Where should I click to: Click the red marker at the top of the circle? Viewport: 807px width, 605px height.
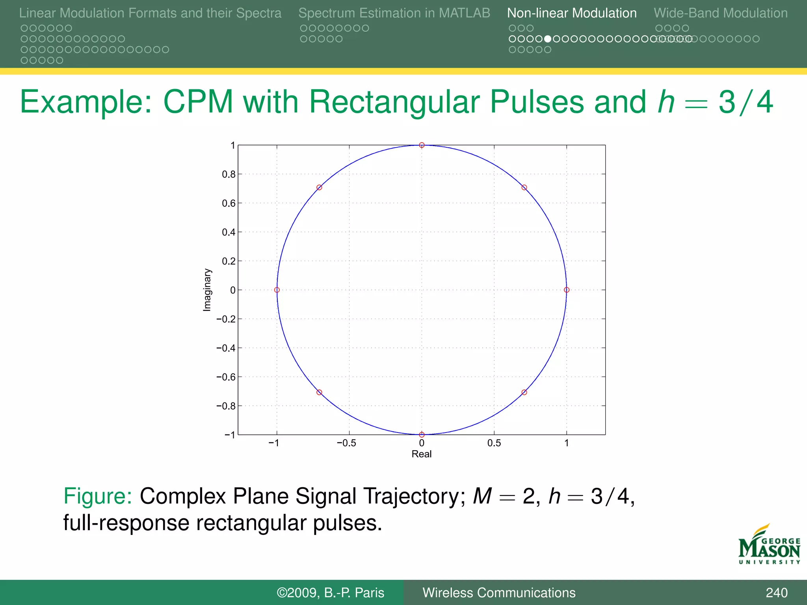pos(422,145)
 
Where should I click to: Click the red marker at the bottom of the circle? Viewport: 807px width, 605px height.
pos(422,434)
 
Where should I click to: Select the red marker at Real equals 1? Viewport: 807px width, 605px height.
pos(567,290)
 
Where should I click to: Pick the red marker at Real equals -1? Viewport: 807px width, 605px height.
pos(277,290)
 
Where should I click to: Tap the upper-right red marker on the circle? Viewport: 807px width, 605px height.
pos(524,187)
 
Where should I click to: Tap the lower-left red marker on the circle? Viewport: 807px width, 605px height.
pos(319,392)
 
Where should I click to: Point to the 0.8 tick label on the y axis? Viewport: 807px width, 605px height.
pos(229,174)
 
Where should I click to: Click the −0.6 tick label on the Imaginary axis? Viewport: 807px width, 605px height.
pos(226,377)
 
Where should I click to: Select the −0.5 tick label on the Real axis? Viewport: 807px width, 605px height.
pos(346,443)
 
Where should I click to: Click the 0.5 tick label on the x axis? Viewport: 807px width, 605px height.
pos(494,443)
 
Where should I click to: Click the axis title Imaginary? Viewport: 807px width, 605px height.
pos(207,290)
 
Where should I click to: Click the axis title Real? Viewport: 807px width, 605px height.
pos(422,454)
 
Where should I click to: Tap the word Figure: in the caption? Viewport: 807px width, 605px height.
pos(97,496)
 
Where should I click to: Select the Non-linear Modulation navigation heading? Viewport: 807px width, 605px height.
pos(572,13)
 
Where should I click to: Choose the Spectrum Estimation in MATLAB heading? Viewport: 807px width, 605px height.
pos(394,13)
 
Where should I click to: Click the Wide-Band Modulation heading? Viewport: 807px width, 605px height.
pos(721,13)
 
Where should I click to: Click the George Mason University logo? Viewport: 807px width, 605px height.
pos(769,545)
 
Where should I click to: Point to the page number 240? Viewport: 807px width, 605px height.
pos(776,592)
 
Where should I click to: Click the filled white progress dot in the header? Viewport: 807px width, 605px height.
pos(548,39)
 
